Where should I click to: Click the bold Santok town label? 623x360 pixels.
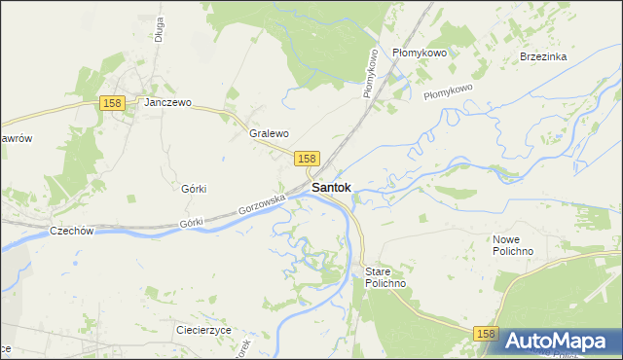coord(331,187)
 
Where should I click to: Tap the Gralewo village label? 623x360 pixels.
coord(270,133)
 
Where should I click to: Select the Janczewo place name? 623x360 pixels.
coord(168,102)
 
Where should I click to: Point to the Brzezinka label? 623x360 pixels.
coord(543,56)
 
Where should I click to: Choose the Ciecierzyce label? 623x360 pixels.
coord(203,330)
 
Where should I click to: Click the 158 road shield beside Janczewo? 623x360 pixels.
coord(112,103)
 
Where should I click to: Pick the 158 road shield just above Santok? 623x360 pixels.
coord(307,158)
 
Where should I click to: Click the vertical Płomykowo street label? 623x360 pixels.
coord(370,73)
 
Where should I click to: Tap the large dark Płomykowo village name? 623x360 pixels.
coord(419,53)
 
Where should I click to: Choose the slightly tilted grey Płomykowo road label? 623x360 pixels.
coord(448,90)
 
